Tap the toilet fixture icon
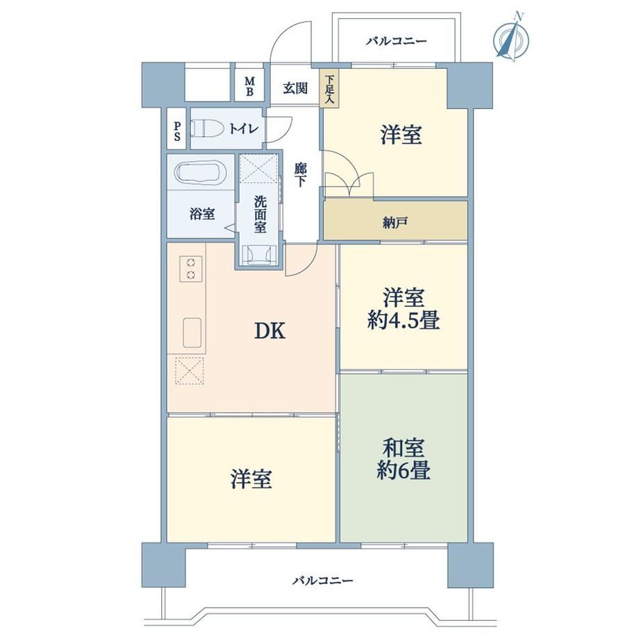208,128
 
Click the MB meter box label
249,86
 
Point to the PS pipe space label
177,131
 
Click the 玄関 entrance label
295,88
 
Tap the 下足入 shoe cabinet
330,89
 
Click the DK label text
269,331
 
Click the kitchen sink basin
192,333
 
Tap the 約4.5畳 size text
404,320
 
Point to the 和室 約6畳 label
404,459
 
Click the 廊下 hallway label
301,175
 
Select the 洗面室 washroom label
260,215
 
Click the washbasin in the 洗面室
259,254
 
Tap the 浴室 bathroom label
202,214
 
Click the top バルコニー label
396,41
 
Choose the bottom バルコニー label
323,581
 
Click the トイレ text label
244,128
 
